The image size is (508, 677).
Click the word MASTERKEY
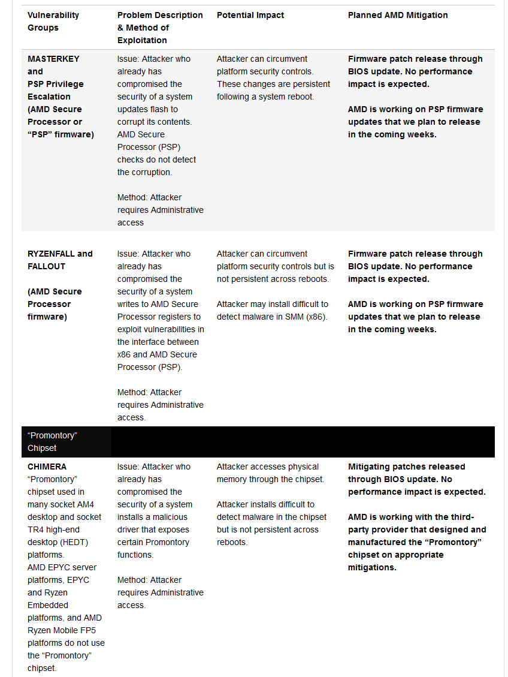pyautogui.click(x=53, y=59)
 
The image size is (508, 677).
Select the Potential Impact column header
pyautogui.click(x=250, y=15)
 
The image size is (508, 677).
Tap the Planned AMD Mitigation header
pyautogui.click(x=398, y=15)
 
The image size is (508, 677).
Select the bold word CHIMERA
pyautogui.click(x=47, y=467)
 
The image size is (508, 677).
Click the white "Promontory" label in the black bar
pyautogui.click(x=53, y=435)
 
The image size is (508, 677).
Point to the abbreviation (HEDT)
pyautogui.click(x=61, y=542)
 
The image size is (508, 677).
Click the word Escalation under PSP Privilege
pyautogui.click(x=49, y=97)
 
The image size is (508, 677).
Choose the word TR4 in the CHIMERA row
pyautogui.click(x=35, y=529)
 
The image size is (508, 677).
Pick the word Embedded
pyautogui.click(x=48, y=605)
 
